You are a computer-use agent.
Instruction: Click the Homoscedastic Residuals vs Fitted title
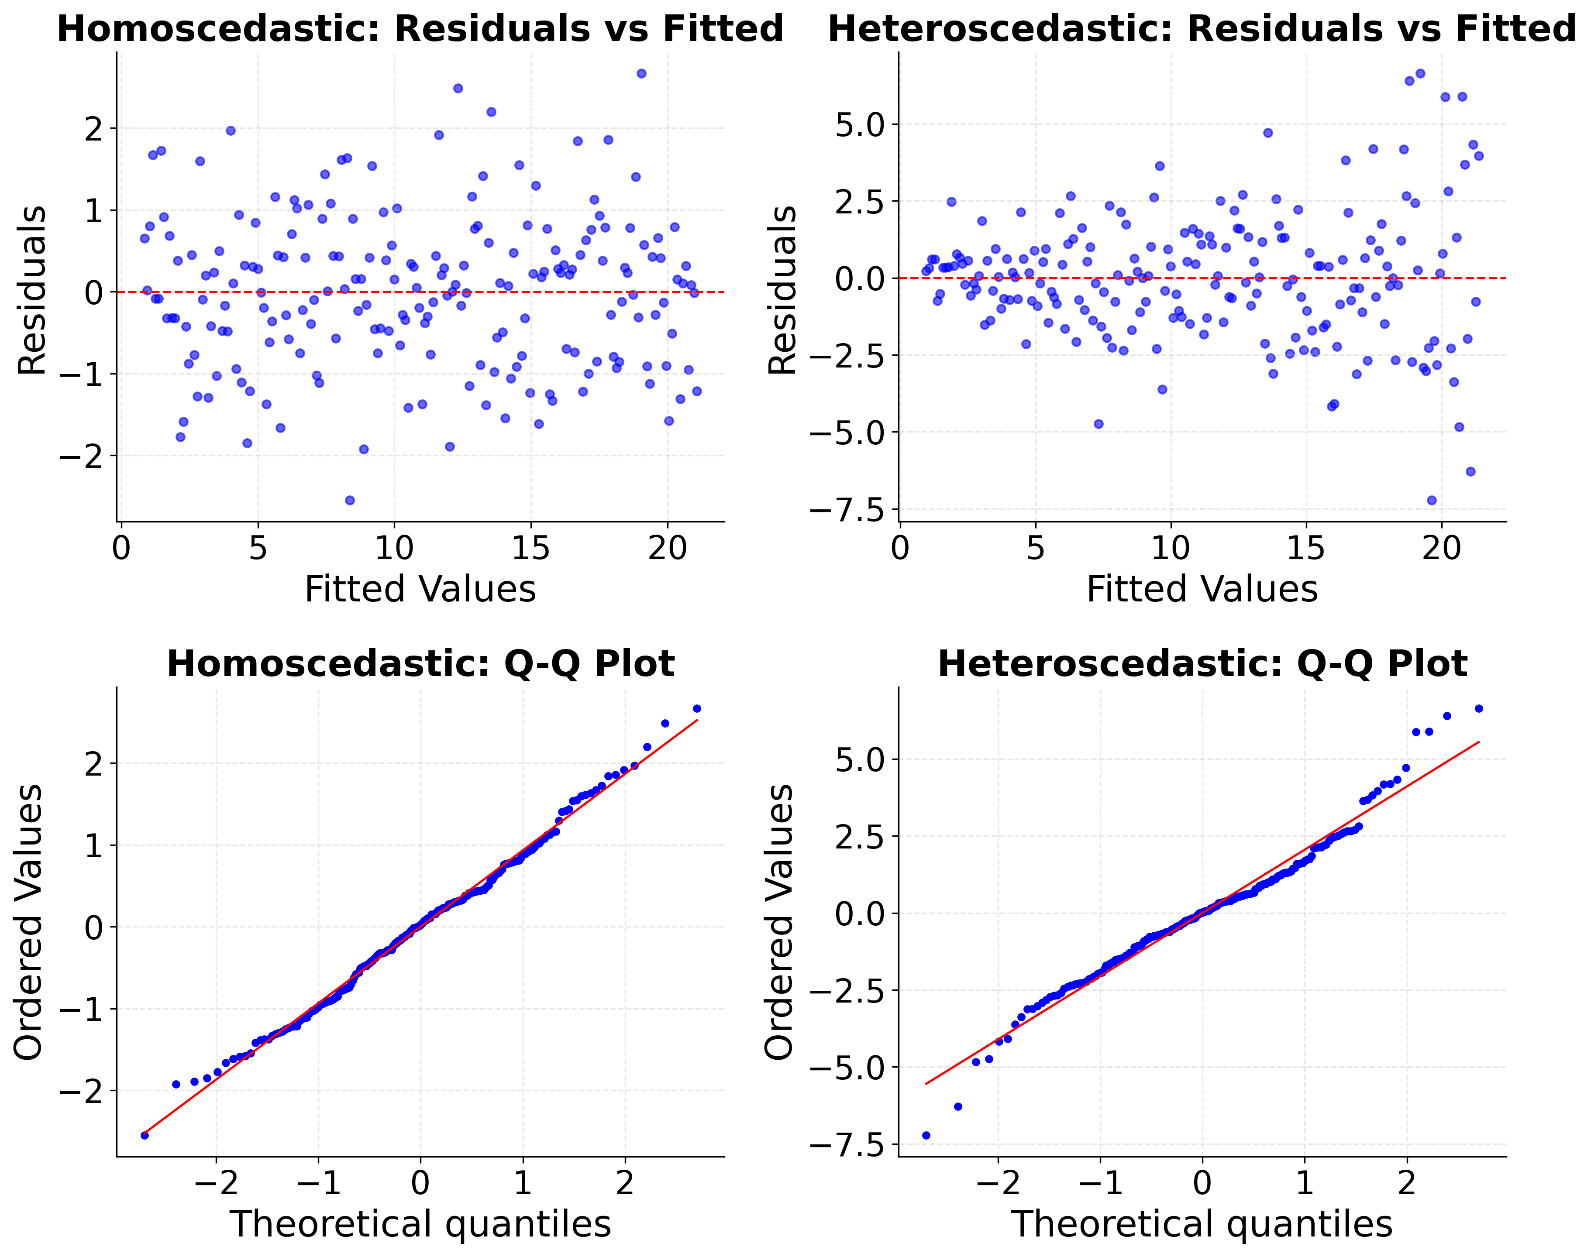[x=420, y=29]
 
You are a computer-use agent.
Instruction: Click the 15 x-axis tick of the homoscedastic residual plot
[x=531, y=548]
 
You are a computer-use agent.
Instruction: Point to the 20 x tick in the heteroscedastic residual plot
[x=1442, y=548]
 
